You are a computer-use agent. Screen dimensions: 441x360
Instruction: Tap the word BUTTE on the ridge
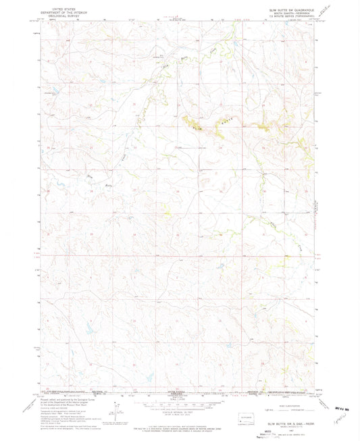coord(220,125)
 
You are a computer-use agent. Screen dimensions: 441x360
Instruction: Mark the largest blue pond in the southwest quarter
coord(88,332)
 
